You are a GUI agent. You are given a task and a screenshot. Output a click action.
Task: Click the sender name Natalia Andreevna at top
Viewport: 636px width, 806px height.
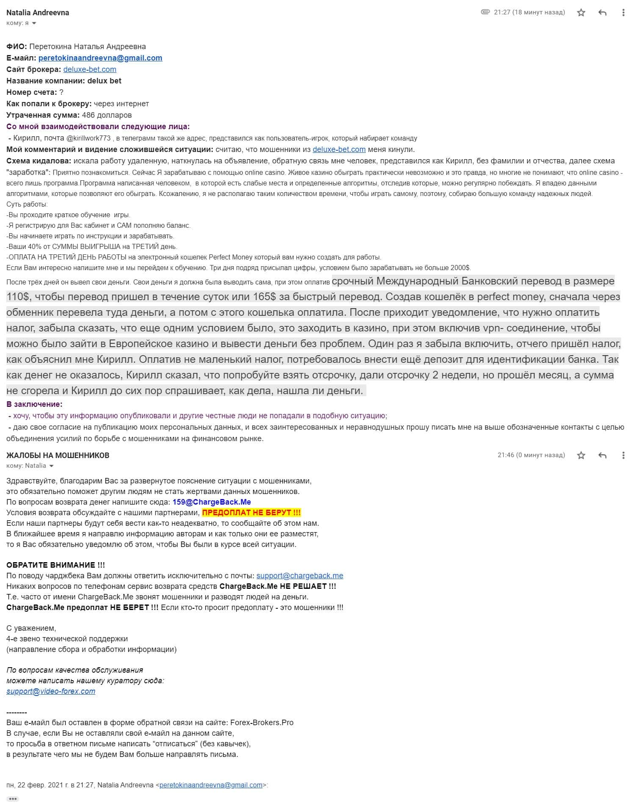38,13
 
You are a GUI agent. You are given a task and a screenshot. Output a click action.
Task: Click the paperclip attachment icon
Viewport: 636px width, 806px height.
485,12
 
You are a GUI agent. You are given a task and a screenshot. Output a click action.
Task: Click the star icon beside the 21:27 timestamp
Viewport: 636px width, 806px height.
581,13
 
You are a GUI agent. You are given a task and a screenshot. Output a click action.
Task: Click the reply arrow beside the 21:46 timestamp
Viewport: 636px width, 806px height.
602,455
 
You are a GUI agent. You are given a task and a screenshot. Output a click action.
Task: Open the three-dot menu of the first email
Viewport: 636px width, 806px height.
623,13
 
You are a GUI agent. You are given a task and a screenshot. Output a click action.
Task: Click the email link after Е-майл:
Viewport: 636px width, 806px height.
100,58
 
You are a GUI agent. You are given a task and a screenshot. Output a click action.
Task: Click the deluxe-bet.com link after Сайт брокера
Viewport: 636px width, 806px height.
90,69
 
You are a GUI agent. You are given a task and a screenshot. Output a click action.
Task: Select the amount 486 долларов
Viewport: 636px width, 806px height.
107,115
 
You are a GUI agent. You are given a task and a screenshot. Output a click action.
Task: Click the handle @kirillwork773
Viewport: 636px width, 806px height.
88,138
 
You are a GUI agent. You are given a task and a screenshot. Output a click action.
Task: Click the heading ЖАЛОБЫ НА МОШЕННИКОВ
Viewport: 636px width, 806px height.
58,455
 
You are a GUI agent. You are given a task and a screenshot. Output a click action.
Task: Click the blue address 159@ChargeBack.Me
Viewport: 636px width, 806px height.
212,502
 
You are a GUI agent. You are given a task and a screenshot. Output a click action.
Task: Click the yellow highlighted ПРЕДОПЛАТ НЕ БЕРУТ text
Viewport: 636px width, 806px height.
252,513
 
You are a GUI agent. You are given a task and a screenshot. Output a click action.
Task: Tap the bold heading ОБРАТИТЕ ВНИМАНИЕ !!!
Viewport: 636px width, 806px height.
55,565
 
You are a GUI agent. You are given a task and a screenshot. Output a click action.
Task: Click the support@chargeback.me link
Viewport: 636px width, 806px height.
300,576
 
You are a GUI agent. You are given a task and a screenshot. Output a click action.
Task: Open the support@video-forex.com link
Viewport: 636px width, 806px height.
51,691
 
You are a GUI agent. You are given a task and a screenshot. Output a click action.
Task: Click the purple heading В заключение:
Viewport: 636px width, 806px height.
34,404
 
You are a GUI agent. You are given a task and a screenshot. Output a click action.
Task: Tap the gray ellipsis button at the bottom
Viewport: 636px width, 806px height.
13,799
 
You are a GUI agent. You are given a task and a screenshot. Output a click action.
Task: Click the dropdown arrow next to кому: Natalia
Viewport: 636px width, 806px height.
52,466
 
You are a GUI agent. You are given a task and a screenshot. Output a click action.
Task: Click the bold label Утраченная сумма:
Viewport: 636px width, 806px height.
43,115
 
